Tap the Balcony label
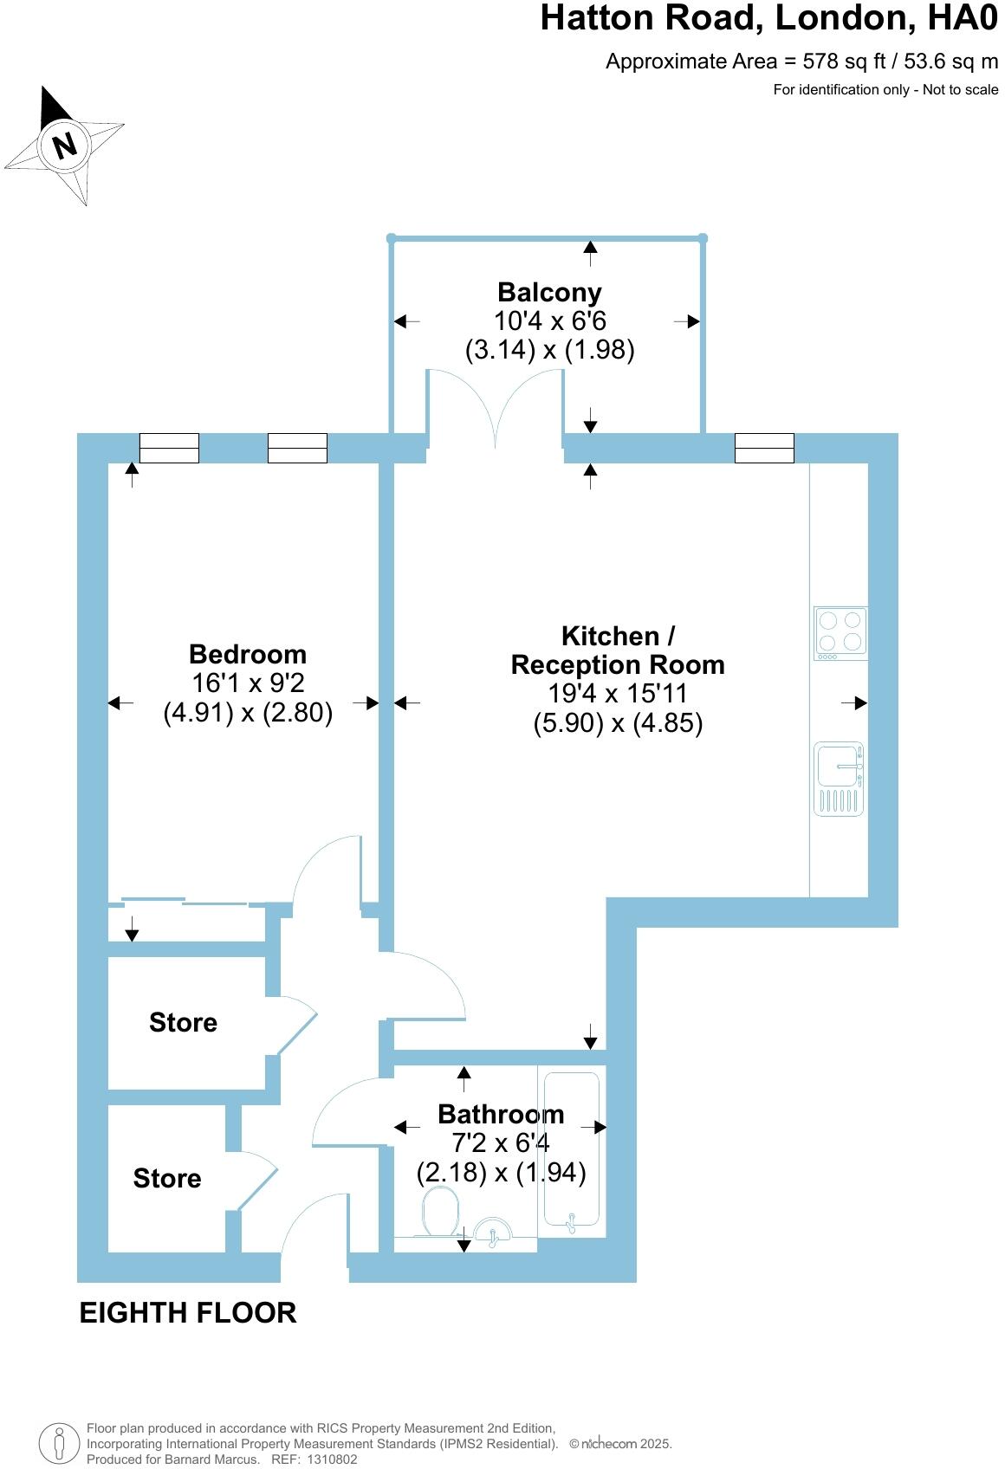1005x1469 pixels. coord(549,293)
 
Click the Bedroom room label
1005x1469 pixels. coord(248,654)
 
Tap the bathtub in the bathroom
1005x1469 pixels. coord(569,1149)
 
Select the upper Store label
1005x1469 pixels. coord(183,1022)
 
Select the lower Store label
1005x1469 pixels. coord(167,1178)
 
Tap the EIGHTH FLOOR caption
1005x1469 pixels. coord(188,1313)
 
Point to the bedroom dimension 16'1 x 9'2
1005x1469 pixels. coord(248,683)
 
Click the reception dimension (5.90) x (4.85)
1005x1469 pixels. coord(617,722)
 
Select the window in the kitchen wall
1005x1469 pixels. coord(764,448)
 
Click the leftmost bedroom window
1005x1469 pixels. coord(169,448)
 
